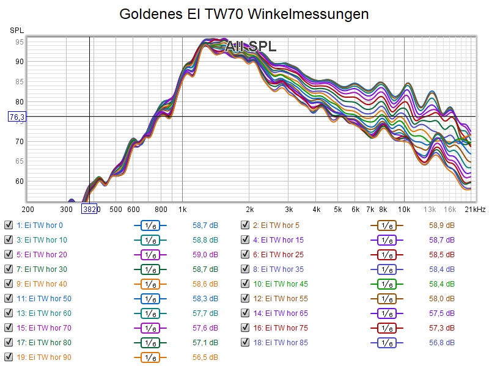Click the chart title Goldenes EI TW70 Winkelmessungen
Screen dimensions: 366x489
[244, 13]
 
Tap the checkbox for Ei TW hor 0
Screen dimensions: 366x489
[9, 225]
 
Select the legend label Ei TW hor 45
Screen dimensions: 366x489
[281, 284]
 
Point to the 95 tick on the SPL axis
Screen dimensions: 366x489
[20, 42]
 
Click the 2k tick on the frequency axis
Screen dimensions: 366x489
[249, 209]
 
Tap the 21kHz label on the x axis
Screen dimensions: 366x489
[476, 209]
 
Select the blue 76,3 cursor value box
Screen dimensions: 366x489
[17, 116]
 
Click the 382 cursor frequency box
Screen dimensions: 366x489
[89, 209]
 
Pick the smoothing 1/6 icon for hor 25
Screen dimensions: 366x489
[387, 254]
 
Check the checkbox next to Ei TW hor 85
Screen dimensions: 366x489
[245, 342]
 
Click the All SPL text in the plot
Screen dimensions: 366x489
[251, 46]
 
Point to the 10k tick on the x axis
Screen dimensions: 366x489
[405, 209]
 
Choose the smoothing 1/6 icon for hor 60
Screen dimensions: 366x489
[150, 313]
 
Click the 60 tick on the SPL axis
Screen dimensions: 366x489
[20, 181]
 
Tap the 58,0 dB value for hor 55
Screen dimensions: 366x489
[441, 298]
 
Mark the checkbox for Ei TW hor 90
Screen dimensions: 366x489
[9, 357]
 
